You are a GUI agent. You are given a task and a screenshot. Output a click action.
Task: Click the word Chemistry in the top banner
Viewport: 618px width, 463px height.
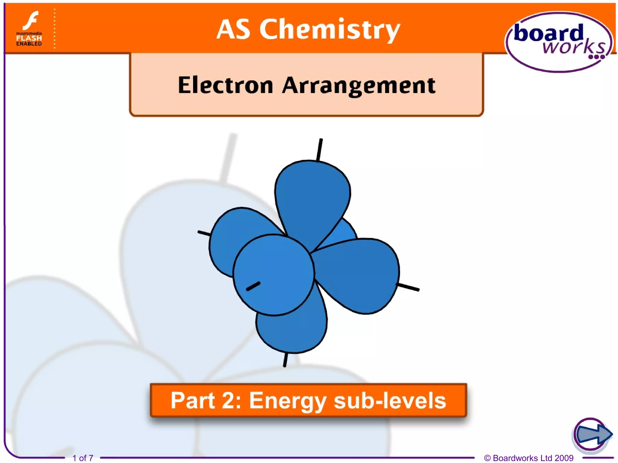point(330,30)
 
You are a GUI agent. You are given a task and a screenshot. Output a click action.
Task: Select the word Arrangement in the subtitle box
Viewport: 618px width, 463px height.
point(359,85)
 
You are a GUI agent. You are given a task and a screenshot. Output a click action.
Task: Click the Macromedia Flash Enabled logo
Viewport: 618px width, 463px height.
point(29,29)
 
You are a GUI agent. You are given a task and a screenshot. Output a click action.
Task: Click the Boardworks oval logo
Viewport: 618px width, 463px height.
point(559,42)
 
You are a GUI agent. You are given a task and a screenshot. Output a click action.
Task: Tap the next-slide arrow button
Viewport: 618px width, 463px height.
point(592,434)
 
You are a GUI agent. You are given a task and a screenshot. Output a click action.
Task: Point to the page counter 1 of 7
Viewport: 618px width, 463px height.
point(83,458)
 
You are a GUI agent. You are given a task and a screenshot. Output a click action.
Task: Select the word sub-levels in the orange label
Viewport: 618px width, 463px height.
point(390,401)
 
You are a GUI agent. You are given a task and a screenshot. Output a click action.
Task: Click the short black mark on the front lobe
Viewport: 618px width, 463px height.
point(253,286)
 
